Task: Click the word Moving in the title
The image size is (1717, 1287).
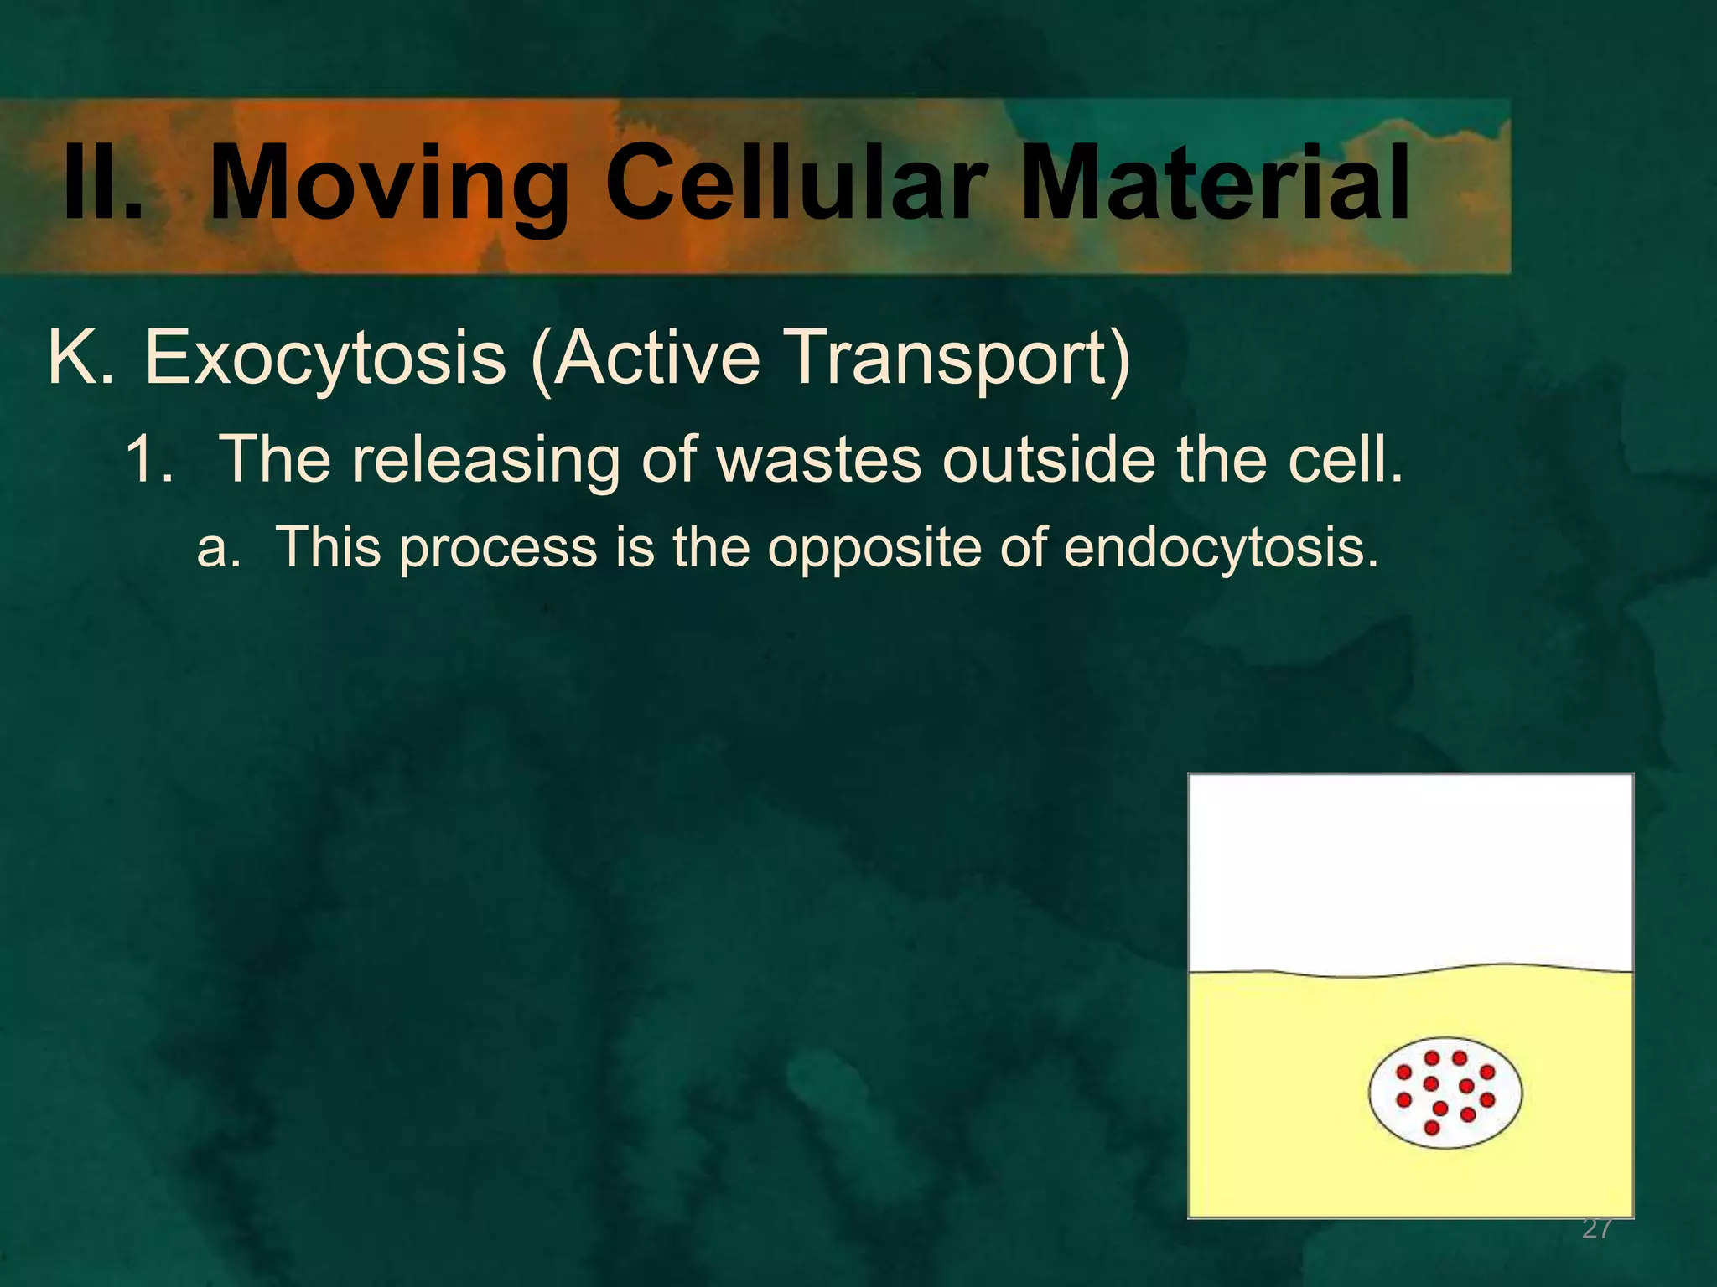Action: (388, 186)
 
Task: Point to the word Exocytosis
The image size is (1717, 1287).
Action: (325, 359)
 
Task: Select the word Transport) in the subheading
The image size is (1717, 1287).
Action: (962, 359)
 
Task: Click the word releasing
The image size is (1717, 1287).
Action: (485, 461)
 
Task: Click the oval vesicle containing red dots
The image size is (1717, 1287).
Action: (1445, 1093)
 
